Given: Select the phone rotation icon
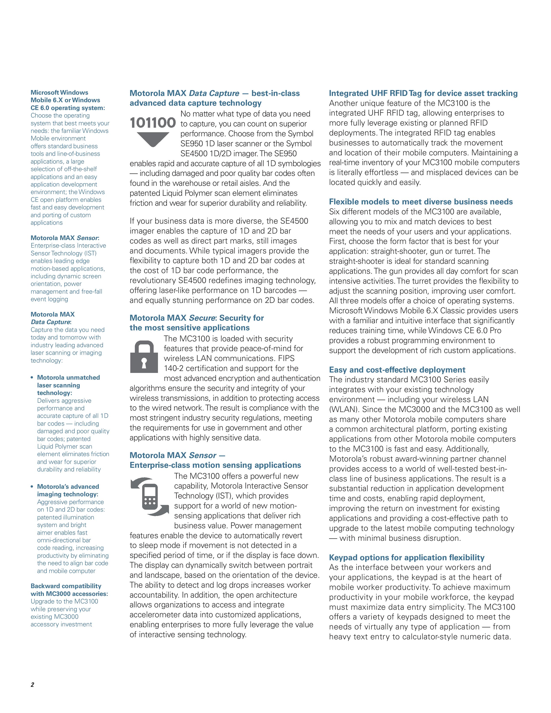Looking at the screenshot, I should [150, 497].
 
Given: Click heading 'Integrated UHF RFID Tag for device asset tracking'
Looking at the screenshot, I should [423, 93].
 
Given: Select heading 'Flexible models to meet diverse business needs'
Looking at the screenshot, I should [421, 202].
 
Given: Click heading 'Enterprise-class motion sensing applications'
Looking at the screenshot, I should [215, 465].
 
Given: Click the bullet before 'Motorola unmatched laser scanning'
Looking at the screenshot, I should [32, 378].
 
